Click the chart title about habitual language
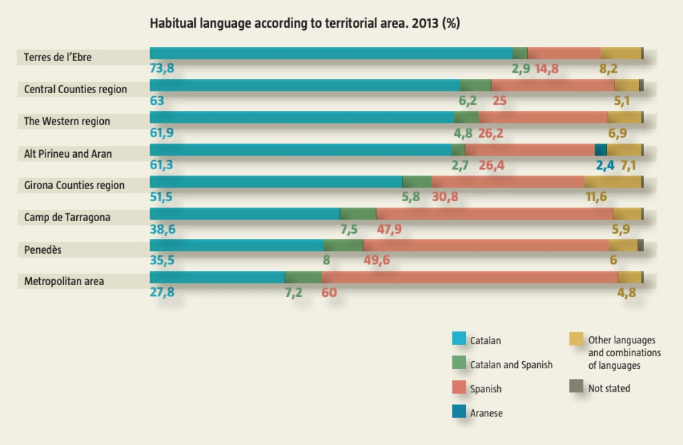[x=305, y=23]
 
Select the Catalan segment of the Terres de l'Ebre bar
[x=331, y=53]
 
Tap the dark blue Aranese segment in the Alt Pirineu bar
[x=600, y=149]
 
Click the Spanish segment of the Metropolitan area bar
[x=470, y=277]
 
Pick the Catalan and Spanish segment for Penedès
[x=343, y=245]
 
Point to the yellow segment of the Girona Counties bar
[x=613, y=181]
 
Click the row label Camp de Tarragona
[x=67, y=217]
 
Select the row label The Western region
[x=67, y=121]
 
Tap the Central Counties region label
[x=75, y=89]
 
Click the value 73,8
[x=162, y=69]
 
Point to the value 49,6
[x=376, y=260]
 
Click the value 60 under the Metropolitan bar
[x=329, y=292]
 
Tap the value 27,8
[x=162, y=292]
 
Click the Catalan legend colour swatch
[x=459, y=339]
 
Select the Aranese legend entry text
[x=487, y=413]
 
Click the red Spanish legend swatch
[x=459, y=387]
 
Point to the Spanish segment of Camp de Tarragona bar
[x=494, y=213]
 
